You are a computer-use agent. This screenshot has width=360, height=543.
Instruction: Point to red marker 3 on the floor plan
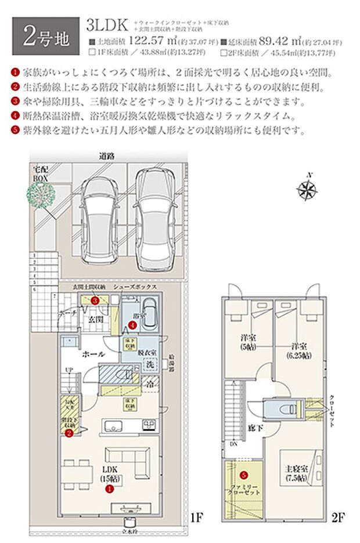[95, 300]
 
